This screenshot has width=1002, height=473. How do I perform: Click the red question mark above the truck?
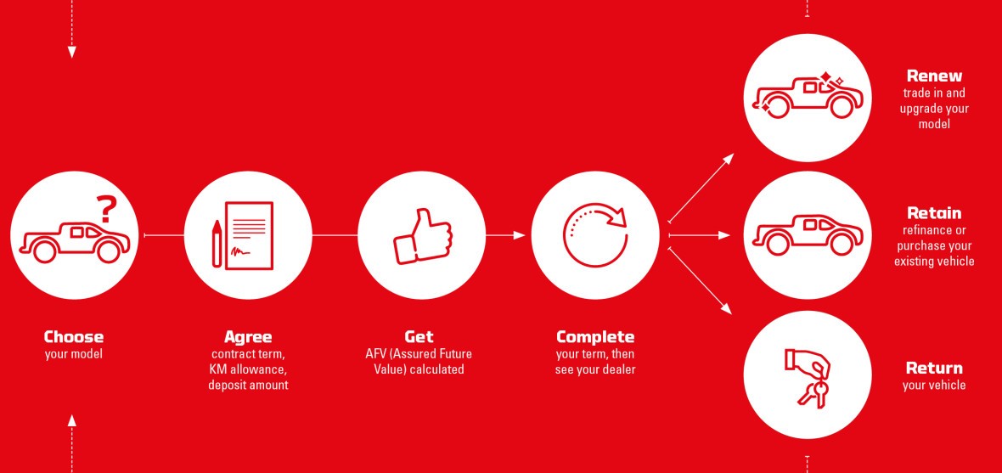pos(107,209)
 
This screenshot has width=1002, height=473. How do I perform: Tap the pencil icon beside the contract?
pos(217,244)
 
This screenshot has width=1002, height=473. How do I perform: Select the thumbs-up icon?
pos(422,236)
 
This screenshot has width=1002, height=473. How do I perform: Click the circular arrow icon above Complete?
pos(595,234)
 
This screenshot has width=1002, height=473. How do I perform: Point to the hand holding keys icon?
pos(808,377)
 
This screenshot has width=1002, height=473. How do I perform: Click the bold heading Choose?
pos(74,337)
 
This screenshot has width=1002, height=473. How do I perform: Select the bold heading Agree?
pos(248,337)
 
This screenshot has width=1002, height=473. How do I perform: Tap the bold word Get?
pos(419,337)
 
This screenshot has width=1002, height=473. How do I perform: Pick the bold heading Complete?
pos(595,337)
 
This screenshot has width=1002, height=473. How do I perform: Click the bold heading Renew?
pos(934,76)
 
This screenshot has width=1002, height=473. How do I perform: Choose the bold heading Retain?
pos(934,213)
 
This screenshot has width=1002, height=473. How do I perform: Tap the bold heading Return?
pos(934,369)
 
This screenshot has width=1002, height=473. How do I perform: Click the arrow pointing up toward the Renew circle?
pos(701,188)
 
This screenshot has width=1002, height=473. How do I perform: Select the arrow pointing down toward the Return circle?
pos(700,280)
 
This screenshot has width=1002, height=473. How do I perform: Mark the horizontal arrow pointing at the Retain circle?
pos(700,235)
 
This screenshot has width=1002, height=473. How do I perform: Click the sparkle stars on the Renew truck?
pos(830,79)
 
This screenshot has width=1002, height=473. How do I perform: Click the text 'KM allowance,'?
pos(248,369)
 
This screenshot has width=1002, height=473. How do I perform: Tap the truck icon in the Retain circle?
pos(808,234)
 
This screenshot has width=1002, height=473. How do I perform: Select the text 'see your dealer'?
pos(595,369)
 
